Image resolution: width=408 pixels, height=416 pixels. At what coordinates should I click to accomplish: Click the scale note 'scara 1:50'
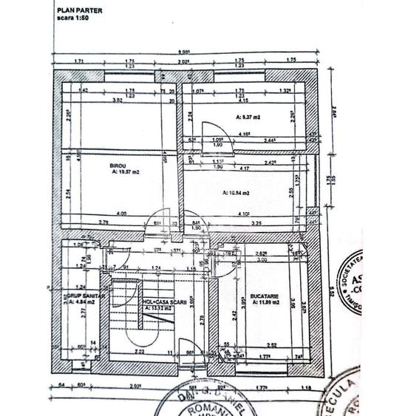tap(75, 16)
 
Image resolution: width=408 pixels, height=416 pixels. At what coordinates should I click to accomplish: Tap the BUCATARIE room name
tap(262, 295)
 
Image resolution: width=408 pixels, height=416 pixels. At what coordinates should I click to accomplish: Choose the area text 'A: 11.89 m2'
tap(262, 301)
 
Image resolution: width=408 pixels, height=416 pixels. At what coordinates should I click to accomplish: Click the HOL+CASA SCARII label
tap(158, 301)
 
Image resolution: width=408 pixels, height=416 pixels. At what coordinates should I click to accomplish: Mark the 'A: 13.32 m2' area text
tap(158, 309)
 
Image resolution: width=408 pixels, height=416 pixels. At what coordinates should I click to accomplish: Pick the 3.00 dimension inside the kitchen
tap(262, 259)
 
